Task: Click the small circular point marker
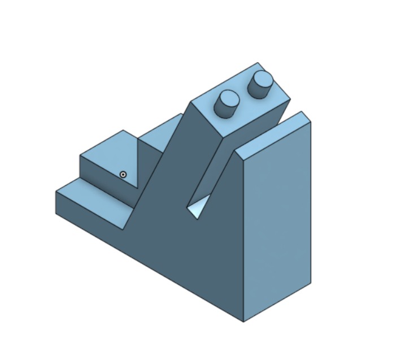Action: click(123, 175)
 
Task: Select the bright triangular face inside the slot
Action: click(197, 210)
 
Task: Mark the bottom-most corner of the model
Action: click(243, 322)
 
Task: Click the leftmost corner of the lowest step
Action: click(55, 192)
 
